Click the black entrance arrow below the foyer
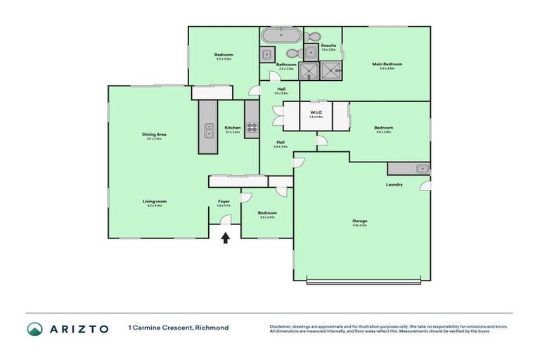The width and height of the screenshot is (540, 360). pyautogui.click(x=225, y=238)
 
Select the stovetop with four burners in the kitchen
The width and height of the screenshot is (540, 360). pyautogui.click(x=252, y=129)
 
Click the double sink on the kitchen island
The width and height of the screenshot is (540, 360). pyautogui.click(x=209, y=129)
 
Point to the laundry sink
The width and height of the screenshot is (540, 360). pyautogui.click(x=419, y=168)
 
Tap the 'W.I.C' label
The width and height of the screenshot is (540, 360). pyautogui.click(x=316, y=112)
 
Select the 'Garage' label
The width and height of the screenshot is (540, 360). pyautogui.click(x=359, y=221)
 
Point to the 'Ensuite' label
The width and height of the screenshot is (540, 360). pyautogui.click(x=328, y=46)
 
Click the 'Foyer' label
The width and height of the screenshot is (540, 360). pyautogui.click(x=224, y=202)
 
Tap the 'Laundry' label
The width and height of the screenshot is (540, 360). pyautogui.click(x=394, y=185)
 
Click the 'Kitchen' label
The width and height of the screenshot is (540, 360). pyautogui.click(x=232, y=127)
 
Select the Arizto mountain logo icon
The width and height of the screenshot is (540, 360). pyautogui.click(x=34, y=329)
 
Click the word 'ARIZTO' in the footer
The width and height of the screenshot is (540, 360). pyautogui.click(x=77, y=329)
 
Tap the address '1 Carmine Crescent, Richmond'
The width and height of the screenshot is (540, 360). pyautogui.click(x=178, y=328)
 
